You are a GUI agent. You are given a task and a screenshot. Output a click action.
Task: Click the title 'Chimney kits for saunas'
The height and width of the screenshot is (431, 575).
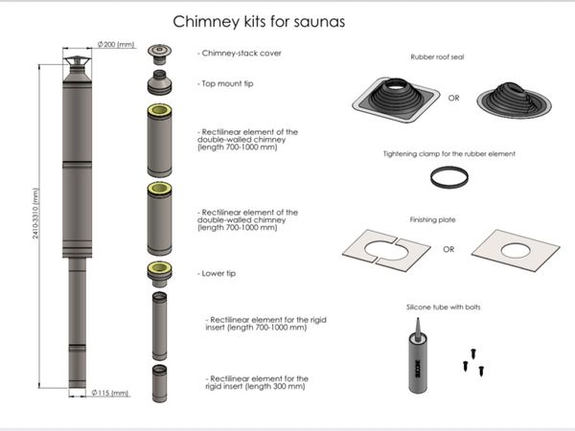(x=259, y=22)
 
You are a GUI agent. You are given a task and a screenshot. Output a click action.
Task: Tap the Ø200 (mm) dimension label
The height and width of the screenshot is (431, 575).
(x=116, y=44)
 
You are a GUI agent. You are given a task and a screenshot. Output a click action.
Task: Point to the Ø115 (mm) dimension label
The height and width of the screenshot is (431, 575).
(x=110, y=393)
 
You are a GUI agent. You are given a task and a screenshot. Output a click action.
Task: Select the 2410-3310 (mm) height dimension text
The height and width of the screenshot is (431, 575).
(x=35, y=214)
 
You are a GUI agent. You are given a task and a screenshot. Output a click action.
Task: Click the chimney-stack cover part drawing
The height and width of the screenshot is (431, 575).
(x=159, y=55)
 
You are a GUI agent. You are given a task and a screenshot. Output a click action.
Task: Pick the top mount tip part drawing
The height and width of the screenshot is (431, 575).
(x=159, y=82)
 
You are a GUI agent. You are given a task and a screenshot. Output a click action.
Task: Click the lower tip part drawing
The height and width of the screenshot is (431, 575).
(x=159, y=275)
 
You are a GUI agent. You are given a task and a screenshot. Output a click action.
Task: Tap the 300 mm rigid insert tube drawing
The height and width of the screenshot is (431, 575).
(x=159, y=384)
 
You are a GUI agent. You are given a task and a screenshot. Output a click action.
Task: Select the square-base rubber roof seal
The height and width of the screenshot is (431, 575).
(x=396, y=100)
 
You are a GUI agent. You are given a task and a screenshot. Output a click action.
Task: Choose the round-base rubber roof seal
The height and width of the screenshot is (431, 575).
(x=514, y=100)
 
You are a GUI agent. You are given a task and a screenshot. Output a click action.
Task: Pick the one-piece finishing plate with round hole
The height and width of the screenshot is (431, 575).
(x=516, y=251)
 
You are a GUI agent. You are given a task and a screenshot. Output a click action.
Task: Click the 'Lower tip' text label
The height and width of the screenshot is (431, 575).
(x=217, y=273)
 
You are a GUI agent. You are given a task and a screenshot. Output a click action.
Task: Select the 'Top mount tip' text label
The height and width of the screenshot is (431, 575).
(x=225, y=84)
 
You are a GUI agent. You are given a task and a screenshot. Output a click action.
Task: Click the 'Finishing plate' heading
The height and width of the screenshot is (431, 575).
(x=433, y=220)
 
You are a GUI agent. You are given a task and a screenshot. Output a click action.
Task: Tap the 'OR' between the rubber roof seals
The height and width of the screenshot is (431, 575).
(x=453, y=99)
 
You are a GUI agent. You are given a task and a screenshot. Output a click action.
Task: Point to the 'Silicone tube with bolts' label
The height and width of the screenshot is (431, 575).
(x=444, y=307)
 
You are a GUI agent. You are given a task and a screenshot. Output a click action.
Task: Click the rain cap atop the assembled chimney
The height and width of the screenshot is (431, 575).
(x=77, y=62)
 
